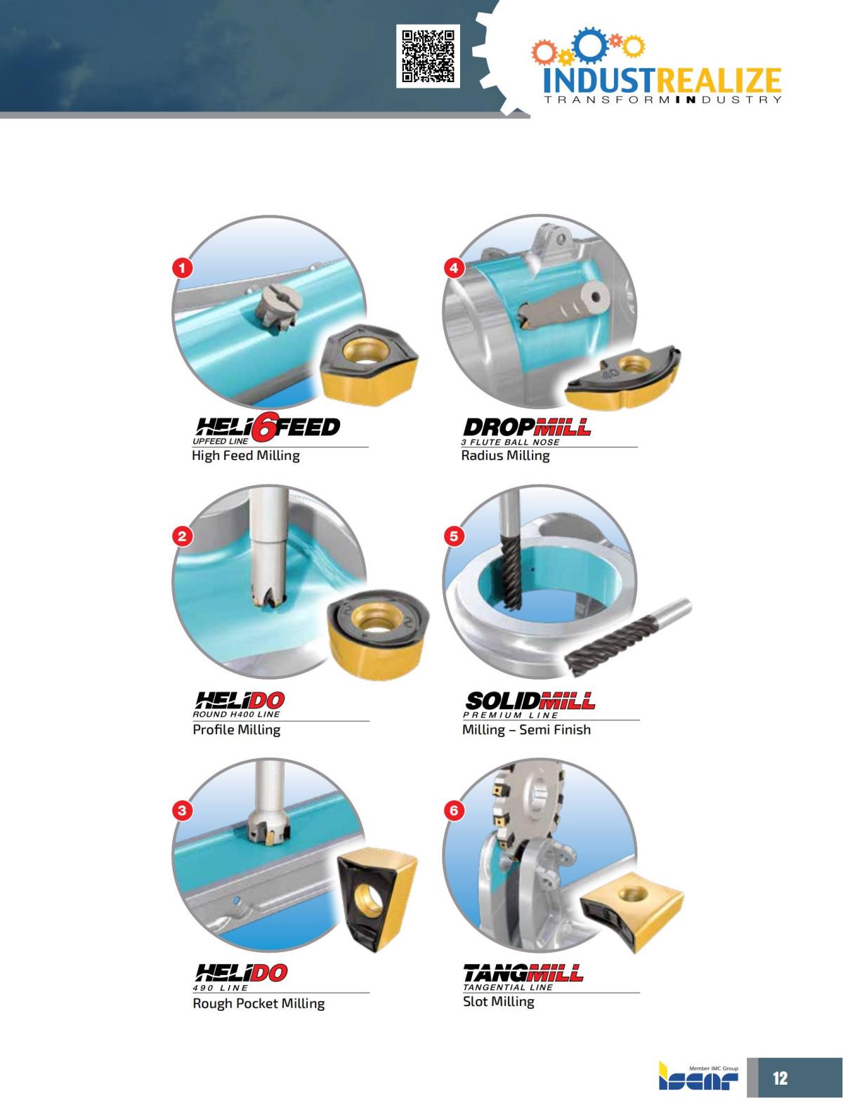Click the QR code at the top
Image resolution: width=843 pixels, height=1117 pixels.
[x=428, y=56]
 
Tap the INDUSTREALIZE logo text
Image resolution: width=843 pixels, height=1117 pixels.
[x=662, y=80]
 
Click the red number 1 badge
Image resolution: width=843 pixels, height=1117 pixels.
[x=183, y=267]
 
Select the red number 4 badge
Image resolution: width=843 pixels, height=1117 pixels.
[x=454, y=267]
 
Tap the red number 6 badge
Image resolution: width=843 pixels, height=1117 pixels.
[x=454, y=811]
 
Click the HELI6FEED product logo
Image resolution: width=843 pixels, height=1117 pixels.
[x=266, y=428]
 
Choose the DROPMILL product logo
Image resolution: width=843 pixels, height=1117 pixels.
[x=526, y=428]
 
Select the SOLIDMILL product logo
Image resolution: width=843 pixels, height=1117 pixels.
[x=530, y=701]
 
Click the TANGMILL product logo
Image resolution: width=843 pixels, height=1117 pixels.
[x=523, y=973]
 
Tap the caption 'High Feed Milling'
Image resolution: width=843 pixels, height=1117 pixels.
[x=246, y=456]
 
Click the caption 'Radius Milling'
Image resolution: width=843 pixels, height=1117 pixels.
[x=505, y=456]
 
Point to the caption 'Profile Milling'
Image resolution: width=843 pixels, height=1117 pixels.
[x=237, y=729]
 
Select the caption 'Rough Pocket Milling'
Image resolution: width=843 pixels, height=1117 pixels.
[x=259, y=1003]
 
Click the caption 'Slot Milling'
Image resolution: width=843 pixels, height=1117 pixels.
[x=498, y=1002]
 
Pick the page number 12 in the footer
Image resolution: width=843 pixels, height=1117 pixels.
[x=780, y=1078]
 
